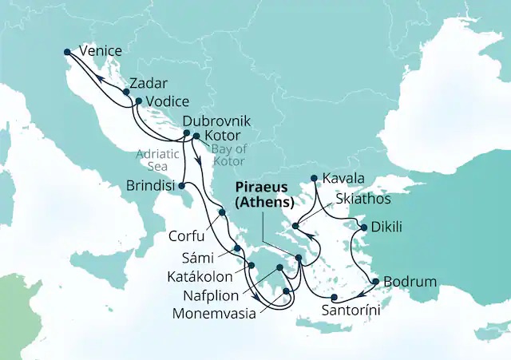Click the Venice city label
tap(101, 51)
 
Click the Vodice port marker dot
tap(138, 101)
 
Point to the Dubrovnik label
tap(217, 121)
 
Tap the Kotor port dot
tap(196, 136)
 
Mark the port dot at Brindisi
tap(181, 187)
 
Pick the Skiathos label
tap(363, 198)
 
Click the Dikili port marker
tap(364, 228)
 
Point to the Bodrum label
tap(410, 282)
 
